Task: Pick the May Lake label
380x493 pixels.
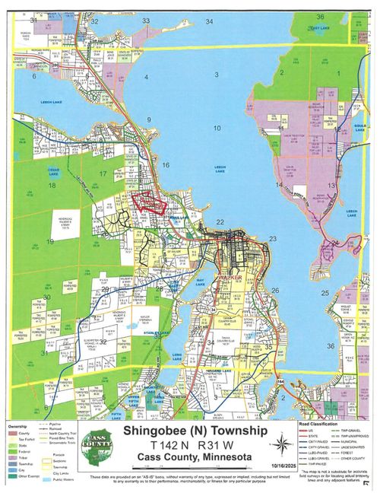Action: tap(202, 281)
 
